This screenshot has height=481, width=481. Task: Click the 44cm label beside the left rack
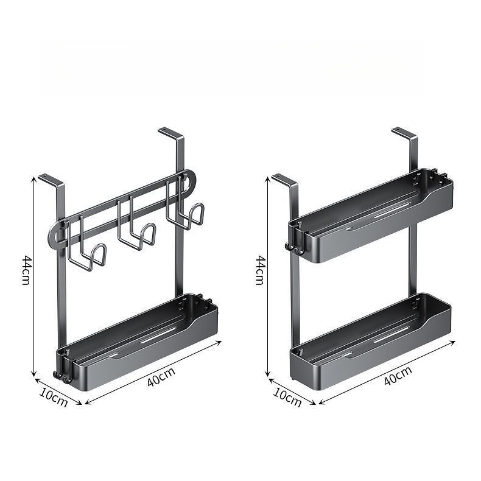(26, 270)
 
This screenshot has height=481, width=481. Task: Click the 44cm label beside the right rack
(260, 270)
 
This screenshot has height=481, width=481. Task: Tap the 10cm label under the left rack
(54, 398)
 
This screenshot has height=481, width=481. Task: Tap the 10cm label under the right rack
(287, 398)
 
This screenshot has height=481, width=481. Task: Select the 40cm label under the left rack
(161, 376)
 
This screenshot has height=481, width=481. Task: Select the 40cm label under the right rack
(398, 376)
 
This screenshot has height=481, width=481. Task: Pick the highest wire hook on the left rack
(185, 205)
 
